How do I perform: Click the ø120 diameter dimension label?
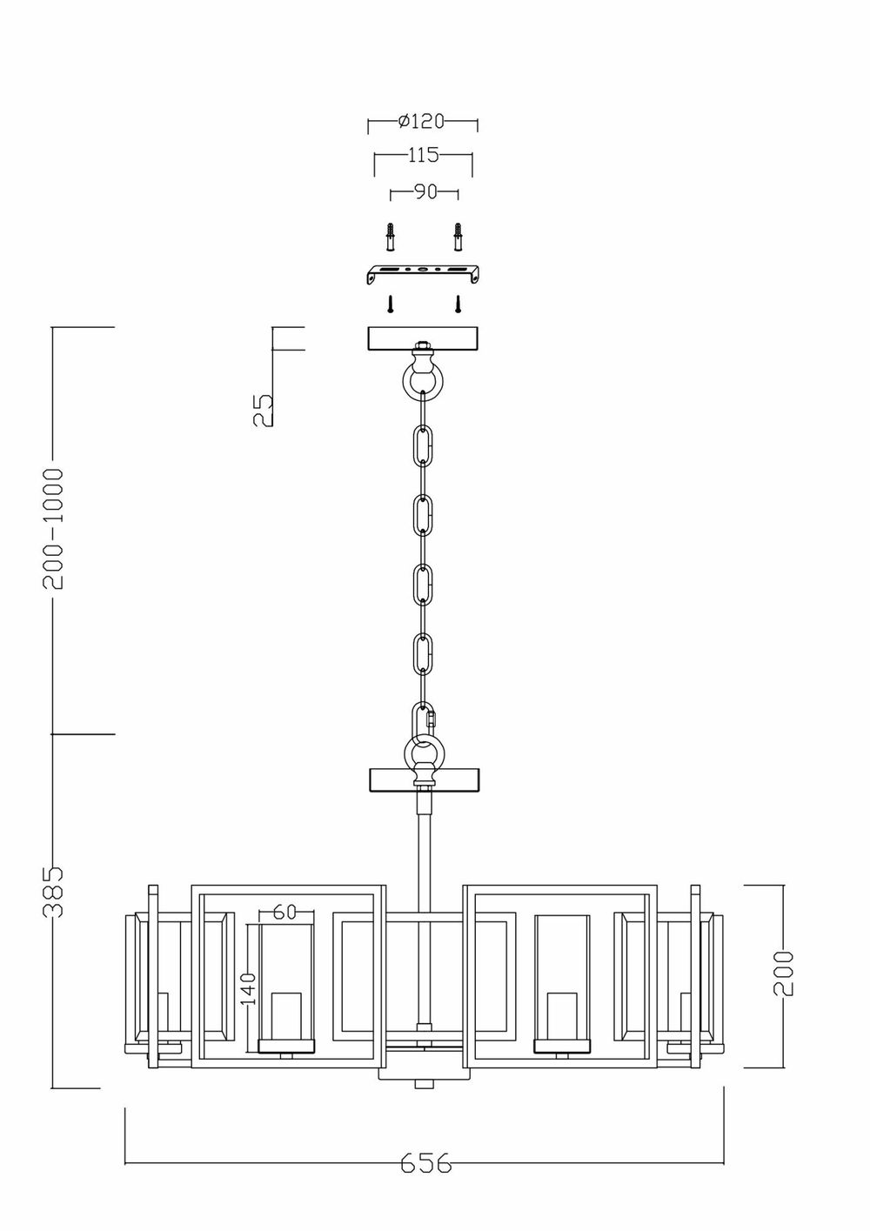421,122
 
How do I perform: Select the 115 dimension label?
423,156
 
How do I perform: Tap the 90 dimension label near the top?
425,192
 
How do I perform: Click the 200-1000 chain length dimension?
55,528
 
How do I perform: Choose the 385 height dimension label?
55,892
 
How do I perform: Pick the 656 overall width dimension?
426,1163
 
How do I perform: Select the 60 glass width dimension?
284,912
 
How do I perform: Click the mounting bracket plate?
423,273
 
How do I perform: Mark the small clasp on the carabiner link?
432,720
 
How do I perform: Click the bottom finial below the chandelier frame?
423,1083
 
